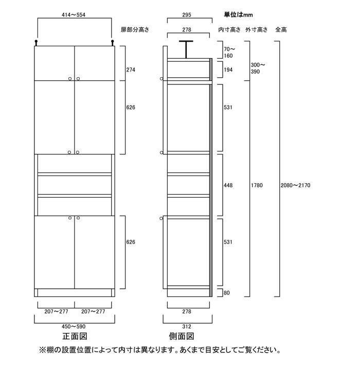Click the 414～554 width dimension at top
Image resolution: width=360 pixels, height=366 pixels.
pos(74,15)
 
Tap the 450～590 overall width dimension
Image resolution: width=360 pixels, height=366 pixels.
pos(74,326)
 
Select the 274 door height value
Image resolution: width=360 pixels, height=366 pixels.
pos(131,69)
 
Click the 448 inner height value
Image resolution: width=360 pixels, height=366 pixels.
pos(228,185)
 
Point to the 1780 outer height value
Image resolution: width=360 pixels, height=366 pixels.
pos(257,185)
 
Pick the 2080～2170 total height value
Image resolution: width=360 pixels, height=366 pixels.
pos(295,185)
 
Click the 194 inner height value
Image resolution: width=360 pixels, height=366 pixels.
pos(228,69)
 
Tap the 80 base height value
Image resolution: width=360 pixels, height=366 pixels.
pos(227,293)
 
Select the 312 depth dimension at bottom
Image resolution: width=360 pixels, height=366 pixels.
pos(187,326)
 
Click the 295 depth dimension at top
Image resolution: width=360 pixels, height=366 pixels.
pos(187,15)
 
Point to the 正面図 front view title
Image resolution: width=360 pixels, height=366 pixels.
pos(75,336)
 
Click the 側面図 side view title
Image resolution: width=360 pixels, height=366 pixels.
pos(182,336)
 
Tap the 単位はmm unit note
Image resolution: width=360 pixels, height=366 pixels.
pos(238,15)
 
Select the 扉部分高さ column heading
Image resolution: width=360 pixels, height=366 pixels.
pos(135,30)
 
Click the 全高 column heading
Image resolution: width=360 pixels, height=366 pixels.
pos(281,30)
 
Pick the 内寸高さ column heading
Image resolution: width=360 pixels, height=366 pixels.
pos(229,30)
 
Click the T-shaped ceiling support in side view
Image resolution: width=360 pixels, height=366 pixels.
pos(186,49)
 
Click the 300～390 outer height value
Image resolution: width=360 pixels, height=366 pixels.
pos(258,68)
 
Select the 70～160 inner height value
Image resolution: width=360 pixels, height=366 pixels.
pos(229,53)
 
